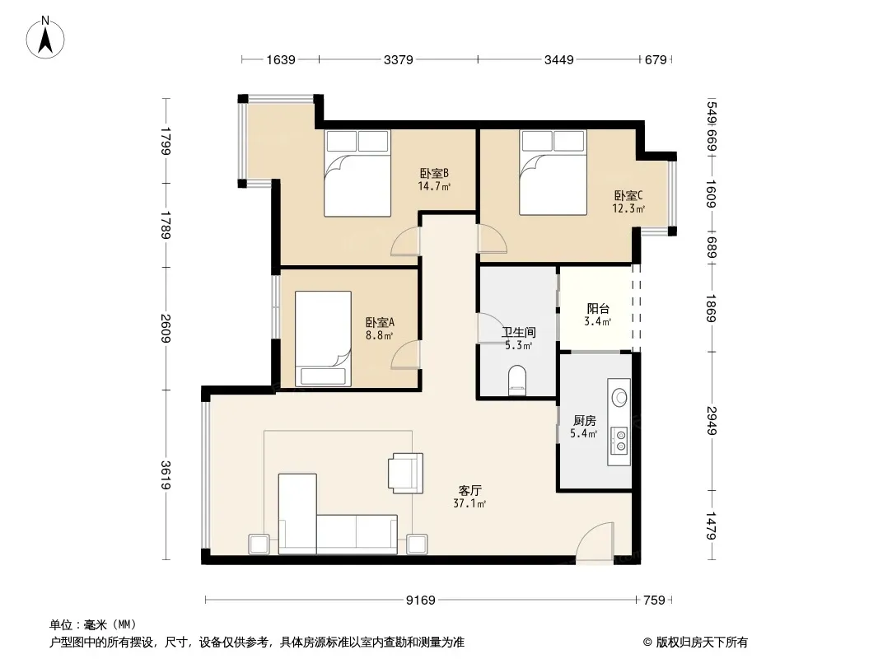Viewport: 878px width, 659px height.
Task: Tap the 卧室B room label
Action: tap(434, 174)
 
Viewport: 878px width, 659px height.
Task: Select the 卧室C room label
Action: tap(628, 195)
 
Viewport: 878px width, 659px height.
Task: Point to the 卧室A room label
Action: tap(381, 323)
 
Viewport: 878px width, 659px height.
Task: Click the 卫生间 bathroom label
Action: tap(519, 332)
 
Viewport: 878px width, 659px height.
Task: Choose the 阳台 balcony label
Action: tap(597, 309)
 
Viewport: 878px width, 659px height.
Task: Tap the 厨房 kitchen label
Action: tap(584, 420)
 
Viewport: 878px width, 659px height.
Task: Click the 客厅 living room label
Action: tap(469, 490)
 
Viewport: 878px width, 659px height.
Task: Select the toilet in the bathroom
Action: tap(516, 381)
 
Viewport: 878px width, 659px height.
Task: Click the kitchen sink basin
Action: tap(619, 396)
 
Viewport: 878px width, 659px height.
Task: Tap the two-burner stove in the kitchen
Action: tap(619, 440)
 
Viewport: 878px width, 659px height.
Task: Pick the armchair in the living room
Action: tap(406, 473)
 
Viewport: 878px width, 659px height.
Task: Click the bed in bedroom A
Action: tap(323, 339)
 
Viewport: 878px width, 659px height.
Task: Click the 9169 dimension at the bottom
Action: tap(421, 601)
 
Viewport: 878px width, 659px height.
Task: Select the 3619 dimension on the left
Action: tap(166, 474)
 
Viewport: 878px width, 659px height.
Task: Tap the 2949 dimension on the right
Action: tap(711, 420)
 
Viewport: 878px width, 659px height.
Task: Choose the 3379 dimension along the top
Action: tap(398, 59)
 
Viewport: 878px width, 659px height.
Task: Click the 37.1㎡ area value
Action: tap(469, 503)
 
